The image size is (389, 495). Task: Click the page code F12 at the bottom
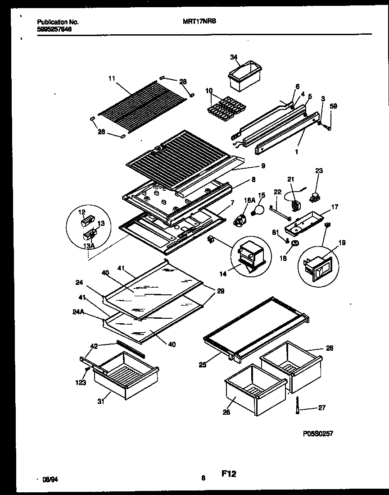pos(229,473)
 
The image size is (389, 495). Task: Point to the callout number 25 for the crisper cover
pos(203,364)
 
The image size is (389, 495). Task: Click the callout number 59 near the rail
pos(333,106)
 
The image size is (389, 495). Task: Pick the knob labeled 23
pos(312,197)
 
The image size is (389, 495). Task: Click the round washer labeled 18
pos(295,244)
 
